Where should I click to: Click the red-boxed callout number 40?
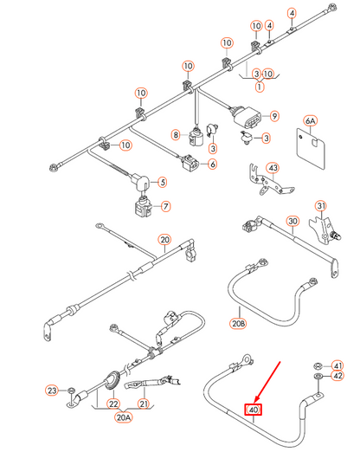[x=254, y=410]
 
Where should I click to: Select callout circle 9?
[x=274, y=116]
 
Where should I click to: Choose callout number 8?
[x=176, y=135]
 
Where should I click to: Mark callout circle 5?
[x=161, y=182]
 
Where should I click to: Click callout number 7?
[x=166, y=207]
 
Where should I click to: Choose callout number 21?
[x=144, y=404]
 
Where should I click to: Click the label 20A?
[x=126, y=417]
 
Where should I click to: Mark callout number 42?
[x=338, y=377]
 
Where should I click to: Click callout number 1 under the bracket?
[x=258, y=87]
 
